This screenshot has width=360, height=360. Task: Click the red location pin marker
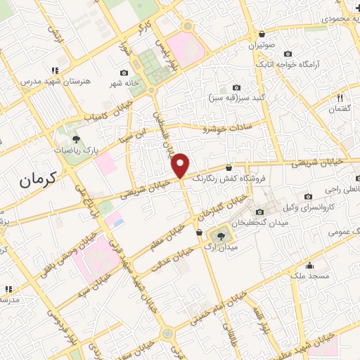[181, 166]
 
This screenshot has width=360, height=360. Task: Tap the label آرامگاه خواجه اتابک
[328, 64]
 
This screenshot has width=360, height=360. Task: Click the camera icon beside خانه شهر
[124, 73]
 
